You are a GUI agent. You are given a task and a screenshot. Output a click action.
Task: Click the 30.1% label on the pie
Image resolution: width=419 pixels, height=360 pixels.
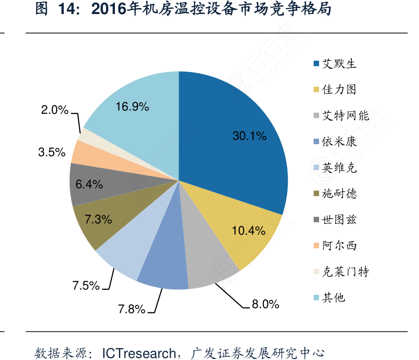pyautogui.click(x=249, y=135)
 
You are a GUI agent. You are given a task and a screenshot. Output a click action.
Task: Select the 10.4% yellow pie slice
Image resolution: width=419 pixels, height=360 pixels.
pyautogui.click(x=248, y=231)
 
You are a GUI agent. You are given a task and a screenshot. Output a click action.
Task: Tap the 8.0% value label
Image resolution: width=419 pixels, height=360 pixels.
pyautogui.click(x=264, y=304)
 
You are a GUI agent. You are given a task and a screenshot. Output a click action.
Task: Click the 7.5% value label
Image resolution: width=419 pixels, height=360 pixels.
pyautogui.click(x=86, y=286)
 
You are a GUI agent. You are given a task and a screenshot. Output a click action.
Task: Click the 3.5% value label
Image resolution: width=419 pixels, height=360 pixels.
pyautogui.click(x=52, y=152)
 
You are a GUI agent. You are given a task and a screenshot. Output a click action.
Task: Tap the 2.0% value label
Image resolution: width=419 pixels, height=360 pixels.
pyautogui.click(x=55, y=110)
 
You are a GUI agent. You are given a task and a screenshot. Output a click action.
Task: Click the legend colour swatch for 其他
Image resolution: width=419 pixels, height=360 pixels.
pyautogui.click(x=316, y=298)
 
